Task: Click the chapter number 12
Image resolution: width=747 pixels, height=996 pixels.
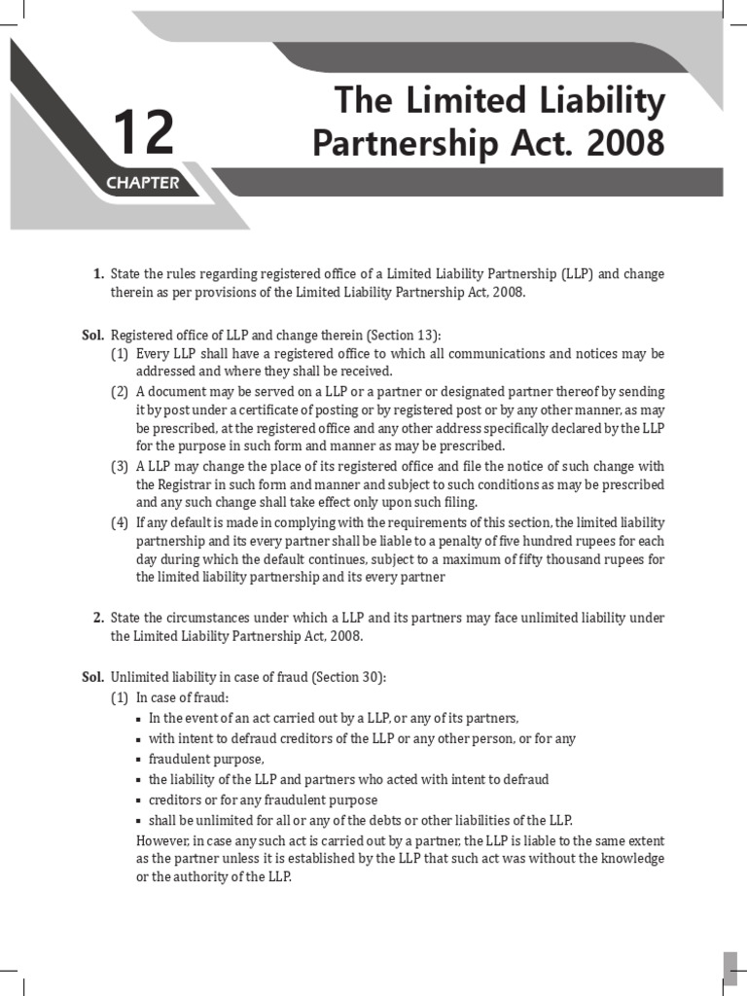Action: [144, 133]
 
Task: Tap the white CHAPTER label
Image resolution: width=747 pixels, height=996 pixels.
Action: [143, 183]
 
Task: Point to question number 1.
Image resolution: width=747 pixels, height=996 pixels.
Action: [98, 274]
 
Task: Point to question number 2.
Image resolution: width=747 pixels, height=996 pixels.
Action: [98, 618]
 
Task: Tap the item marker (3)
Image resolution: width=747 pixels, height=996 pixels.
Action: [120, 466]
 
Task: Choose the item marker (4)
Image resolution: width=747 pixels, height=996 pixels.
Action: [120, 523]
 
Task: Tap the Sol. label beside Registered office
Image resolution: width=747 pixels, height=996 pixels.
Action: [92, 334]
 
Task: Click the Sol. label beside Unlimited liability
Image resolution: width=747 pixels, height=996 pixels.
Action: [92, 677]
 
